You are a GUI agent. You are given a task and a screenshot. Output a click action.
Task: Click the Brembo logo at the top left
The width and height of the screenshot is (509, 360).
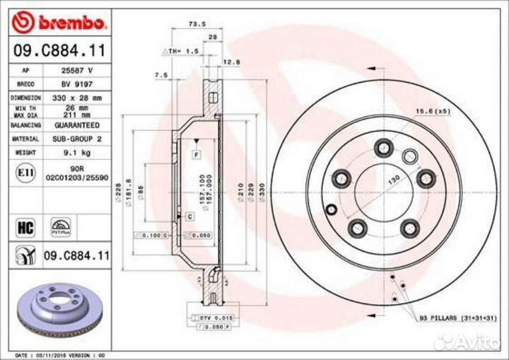[60, 23]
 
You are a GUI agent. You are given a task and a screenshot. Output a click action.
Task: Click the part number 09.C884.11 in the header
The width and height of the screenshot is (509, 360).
[61, 50]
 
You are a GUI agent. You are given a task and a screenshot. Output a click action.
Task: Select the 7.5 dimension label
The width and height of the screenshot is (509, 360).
[160, 74]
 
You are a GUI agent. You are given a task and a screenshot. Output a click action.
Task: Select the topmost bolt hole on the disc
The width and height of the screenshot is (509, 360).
[385, 147]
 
